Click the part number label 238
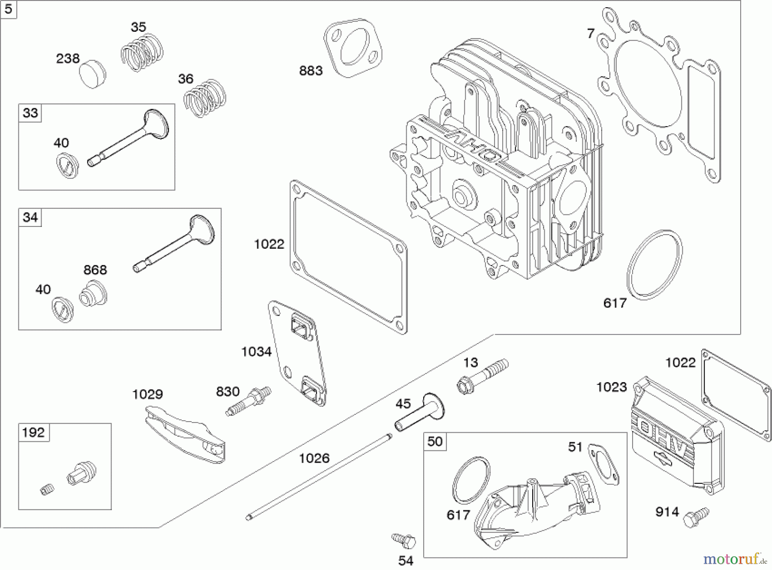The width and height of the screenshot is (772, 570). (x=68, y=58)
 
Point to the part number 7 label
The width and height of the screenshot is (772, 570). (x=591, y=33)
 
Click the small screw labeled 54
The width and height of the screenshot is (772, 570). (x=404, y=540)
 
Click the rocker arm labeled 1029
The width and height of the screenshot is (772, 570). (x=184, y=436)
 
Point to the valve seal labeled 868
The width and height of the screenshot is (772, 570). (x=93, y=293)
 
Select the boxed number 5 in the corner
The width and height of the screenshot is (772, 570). (x=9, y=9)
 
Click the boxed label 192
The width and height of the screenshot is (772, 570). (x=33, y=432)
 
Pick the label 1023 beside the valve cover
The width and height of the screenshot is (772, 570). (x=612, y=387)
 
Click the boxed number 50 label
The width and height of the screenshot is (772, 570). (x=435, y=441)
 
